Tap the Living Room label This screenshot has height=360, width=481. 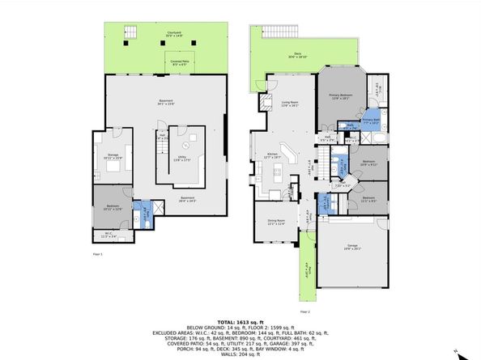(289, 104)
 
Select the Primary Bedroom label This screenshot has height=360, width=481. (338, 97)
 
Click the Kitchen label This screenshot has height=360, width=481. (272, 158)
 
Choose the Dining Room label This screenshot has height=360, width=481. (276, 222)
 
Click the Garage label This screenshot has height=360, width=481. (352, 245)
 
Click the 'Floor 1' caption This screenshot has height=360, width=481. (97, 254)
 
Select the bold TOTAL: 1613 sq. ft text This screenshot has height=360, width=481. (240, 321)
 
